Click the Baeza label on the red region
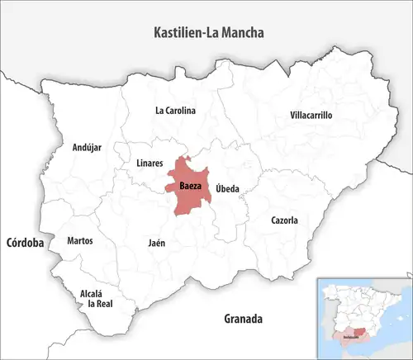[189, 186]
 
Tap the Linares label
[150, 163]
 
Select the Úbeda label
[227, 189]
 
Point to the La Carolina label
[175, 110]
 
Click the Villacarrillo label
[311, 116]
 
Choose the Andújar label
[87, 148]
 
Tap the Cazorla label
[284, 220]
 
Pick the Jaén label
[156, 244]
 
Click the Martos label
[80, 241]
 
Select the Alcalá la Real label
[91, 298]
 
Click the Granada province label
[243, 318]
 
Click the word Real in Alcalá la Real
[104, 304]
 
